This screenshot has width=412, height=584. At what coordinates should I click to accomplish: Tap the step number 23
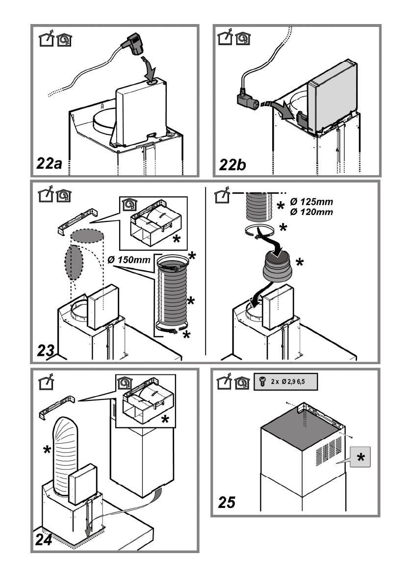[x=47, y=351]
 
